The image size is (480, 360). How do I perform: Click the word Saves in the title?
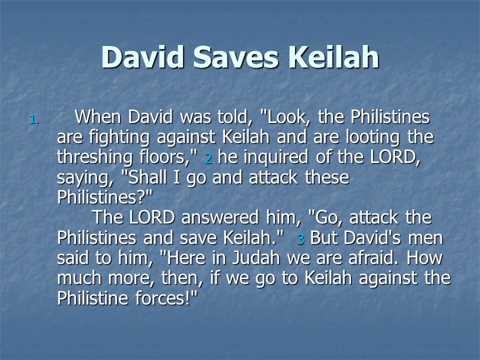pyautogui.click(x=235, y=57)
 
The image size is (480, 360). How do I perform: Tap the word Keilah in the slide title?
pyautogui.click(x=333, y=56)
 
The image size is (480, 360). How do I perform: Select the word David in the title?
pyautogui.click(x=142, y=56)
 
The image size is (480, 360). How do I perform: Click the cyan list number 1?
pyautogui.click(x=34, y=119)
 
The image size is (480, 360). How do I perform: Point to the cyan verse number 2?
pyautogui.click(x=208, y=158)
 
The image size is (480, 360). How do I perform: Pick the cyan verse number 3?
pyautogui.click(x=300, y=239)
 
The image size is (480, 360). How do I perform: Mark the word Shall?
pyautogui.click(x=147, y=177)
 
